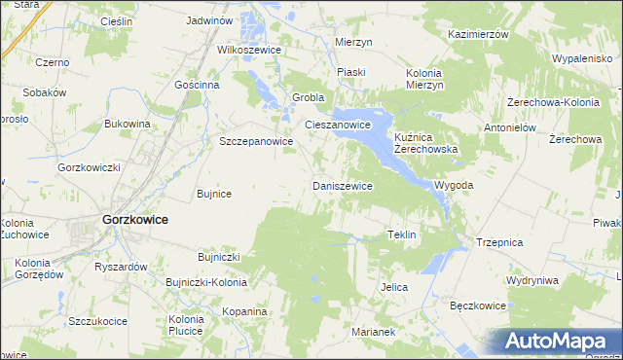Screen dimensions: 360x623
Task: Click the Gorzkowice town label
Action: [x=134, y=220]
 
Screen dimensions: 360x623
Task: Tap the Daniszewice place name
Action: [x=342, y=185]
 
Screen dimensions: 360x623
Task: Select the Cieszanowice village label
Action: [x=338, y=126]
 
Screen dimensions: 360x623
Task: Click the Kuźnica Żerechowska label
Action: [x=425, y=144]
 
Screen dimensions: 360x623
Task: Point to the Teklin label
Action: [x=402, y=235]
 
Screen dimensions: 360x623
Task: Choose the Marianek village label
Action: [x=373, y=332]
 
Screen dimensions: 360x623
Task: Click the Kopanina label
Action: [x=243, y=311]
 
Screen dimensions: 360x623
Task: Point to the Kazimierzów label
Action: [x=479, y=34]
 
